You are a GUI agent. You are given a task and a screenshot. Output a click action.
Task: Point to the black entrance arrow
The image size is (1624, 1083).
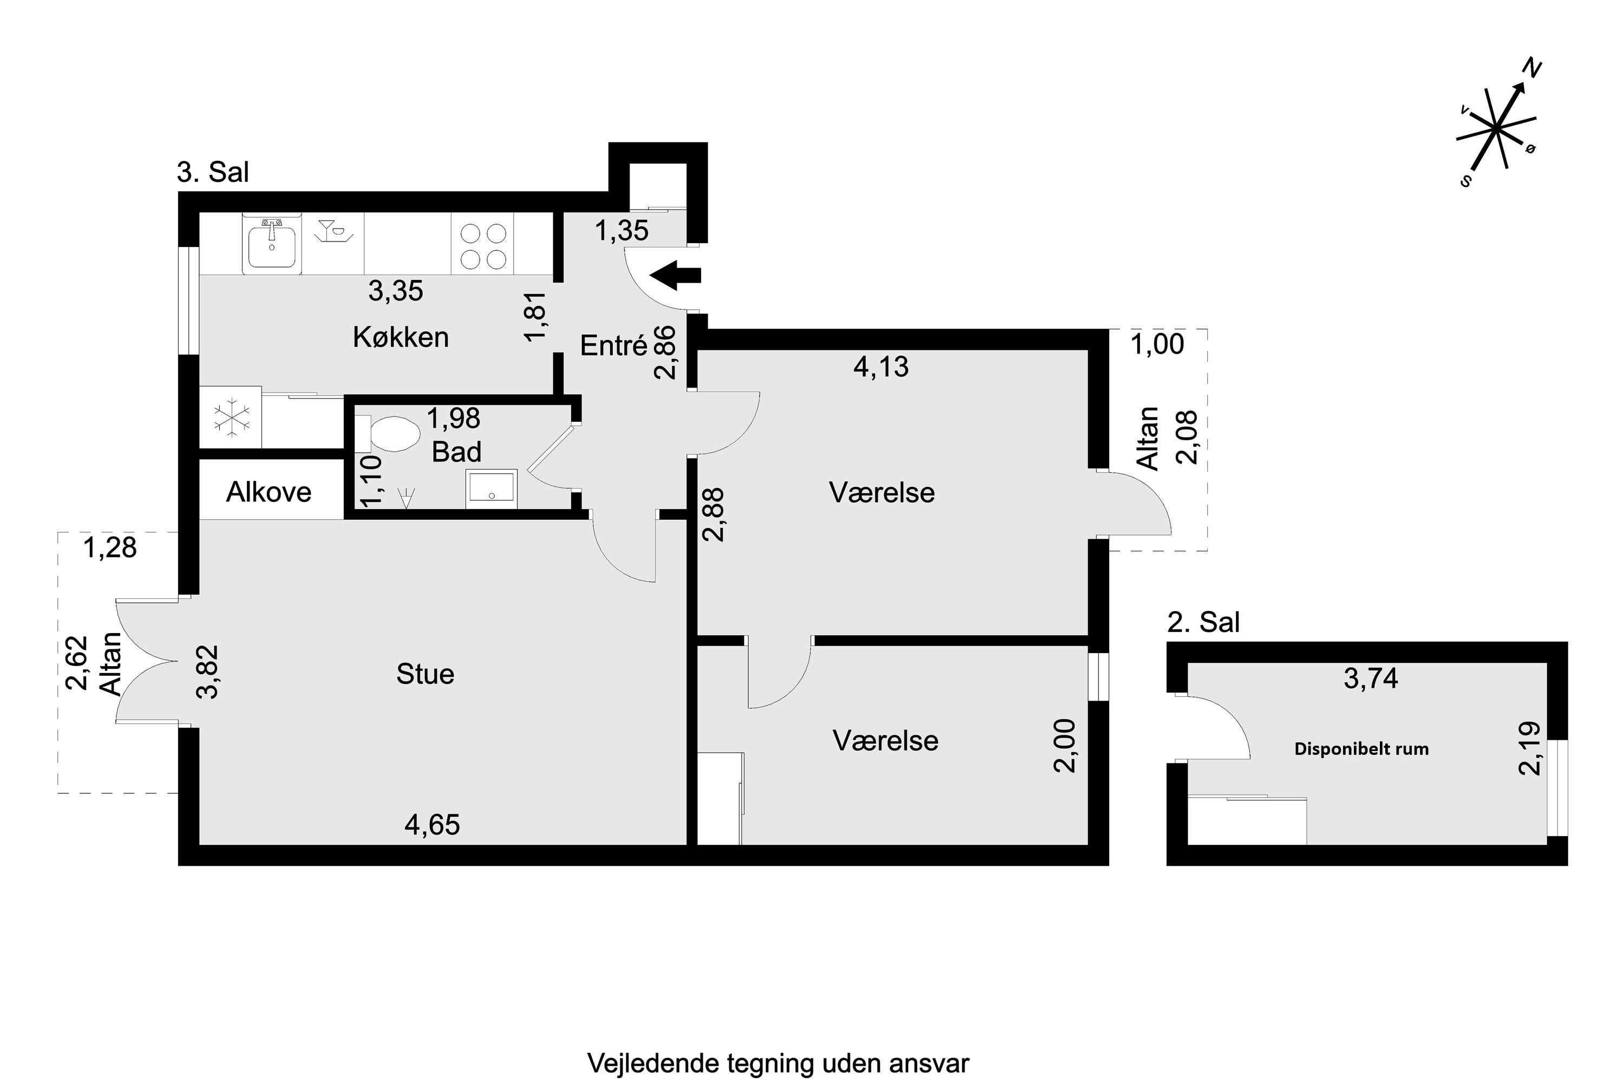point(675,275)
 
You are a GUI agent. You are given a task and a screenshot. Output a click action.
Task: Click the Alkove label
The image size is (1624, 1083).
point(269,492)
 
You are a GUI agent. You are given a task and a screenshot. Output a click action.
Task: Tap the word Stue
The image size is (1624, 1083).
point(425,674)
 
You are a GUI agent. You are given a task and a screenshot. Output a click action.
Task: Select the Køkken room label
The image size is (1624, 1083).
point(401,337)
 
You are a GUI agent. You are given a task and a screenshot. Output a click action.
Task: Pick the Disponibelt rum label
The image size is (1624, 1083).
point(1361,749)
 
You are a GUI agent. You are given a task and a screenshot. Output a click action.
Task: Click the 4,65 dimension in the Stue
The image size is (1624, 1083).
point(432,825)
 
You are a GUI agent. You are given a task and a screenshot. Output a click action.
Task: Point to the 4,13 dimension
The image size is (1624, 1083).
point(881,367)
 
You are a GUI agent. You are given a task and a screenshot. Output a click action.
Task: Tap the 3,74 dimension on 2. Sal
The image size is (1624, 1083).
point(1371,679)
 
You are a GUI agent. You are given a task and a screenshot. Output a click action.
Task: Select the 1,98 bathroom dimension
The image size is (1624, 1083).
point(454,419)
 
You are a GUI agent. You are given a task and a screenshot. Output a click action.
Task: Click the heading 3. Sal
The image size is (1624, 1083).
point(213,172)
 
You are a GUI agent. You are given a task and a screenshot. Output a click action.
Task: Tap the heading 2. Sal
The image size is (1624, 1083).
point(1203,622)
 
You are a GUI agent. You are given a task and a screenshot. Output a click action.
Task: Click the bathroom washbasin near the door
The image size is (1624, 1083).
point(492,489)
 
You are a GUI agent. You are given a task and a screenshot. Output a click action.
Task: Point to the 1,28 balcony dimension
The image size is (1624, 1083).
point(110,547)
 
